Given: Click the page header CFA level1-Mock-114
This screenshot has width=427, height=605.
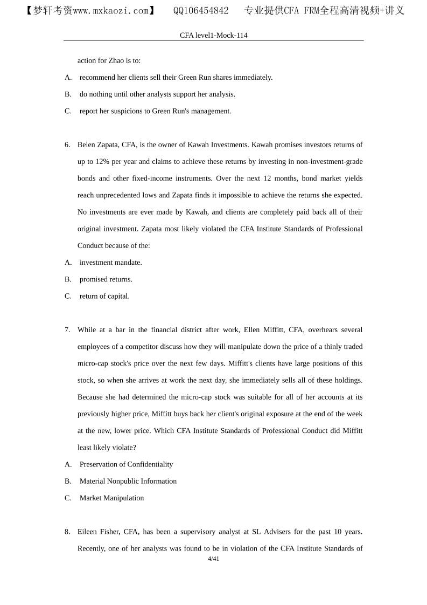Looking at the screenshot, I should tap(213, 35).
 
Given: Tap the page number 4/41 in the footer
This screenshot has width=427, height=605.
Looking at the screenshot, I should tap(213, 559).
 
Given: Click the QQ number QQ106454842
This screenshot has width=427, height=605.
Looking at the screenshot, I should tap(201, 11).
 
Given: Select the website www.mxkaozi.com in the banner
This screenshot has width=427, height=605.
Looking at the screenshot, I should tap(110, 11).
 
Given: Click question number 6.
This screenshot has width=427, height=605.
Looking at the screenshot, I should tap(67, 145).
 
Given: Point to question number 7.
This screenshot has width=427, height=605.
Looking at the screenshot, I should tap(67, 329).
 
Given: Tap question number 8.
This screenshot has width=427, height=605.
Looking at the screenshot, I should tap(67, 532).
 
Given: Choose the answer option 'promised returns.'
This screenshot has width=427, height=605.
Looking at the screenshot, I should tap(106, 279).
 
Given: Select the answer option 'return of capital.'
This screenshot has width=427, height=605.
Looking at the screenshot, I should tap(104, 296).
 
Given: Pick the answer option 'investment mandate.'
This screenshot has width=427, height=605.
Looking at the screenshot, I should tap(110, 263).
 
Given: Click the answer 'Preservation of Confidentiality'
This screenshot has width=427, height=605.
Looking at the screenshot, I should tap(126, 464).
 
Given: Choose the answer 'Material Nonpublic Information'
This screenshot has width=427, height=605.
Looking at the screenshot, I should tap(128, 481).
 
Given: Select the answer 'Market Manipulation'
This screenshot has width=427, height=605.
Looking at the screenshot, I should tap(111, 498).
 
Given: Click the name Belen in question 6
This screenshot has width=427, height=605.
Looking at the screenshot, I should tap(87, 145).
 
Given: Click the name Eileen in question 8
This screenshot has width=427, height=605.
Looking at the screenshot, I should tap(88, 532).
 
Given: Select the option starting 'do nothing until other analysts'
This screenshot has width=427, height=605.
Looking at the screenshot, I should tap(157, 94).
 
